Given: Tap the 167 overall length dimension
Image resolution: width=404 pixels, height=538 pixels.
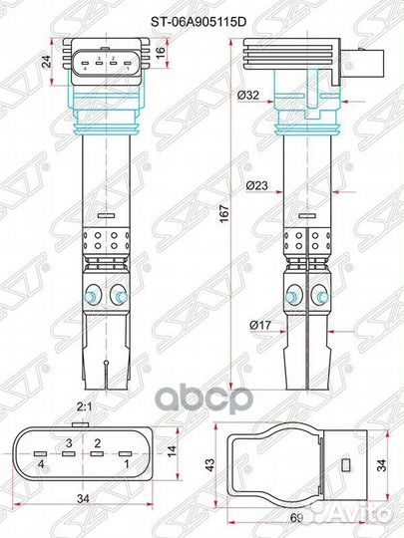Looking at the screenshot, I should pos(225,212).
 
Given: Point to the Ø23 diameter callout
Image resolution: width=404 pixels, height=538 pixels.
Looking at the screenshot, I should pos(253,184).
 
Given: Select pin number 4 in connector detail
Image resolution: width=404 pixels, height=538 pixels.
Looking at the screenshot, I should pos(41,465).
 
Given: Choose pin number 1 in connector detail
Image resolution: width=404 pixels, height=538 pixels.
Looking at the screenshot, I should pos(126,465).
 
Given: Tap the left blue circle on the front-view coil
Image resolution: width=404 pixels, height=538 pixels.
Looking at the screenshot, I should pos(93,295).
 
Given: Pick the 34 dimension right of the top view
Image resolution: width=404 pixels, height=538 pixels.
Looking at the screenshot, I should pos(383,463).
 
